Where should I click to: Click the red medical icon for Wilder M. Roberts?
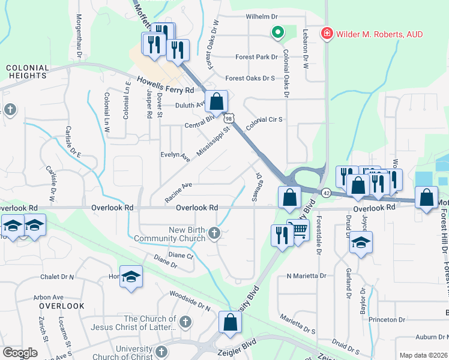click(x=327, y=34)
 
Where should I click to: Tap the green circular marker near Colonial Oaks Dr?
click(x=277, y=32)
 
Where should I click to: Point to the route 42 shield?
click(x=325, y=193)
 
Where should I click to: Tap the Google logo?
click(x=20, y=352)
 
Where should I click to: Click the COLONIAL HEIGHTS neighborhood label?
click(x=28, y=72)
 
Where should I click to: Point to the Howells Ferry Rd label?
click(x=165, y=85)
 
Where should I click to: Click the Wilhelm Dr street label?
click(x=263, y=17)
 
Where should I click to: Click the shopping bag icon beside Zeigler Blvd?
click(x=231, y=322)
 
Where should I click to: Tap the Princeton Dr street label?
click(x=388, y=320)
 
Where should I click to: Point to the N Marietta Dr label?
click(x=306, y=276)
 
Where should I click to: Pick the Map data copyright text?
click(x=423, y=355)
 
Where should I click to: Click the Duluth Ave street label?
click(x=190, y=105)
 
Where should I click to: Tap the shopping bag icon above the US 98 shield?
click(x=217, y=101)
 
